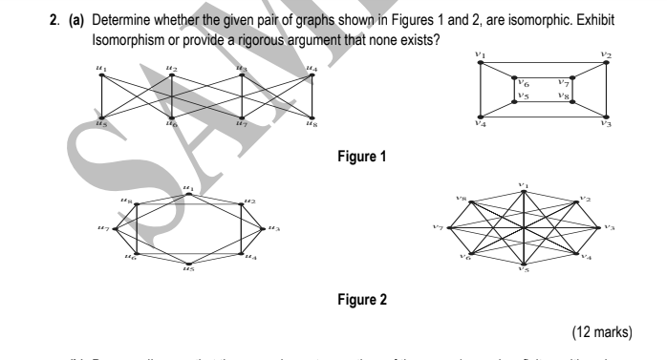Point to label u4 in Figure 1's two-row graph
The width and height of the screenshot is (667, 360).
(x=311, y=67)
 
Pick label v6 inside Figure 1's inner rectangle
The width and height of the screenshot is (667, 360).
(x=524, y=85)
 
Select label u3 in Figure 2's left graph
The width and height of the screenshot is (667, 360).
(x=274, y=227)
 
